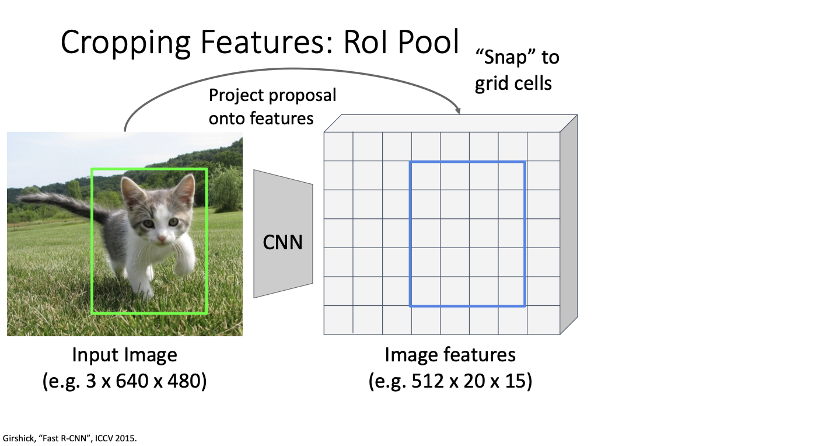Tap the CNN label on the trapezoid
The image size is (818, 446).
[x=283, y=242]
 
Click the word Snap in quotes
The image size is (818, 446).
[x=509, y=57]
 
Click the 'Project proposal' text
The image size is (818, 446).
[x=272, y=95]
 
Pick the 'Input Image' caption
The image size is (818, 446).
[x=124, y=354]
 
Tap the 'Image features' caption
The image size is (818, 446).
[x=450, y=354]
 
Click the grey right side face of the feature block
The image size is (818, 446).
[x=568, y=225]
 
